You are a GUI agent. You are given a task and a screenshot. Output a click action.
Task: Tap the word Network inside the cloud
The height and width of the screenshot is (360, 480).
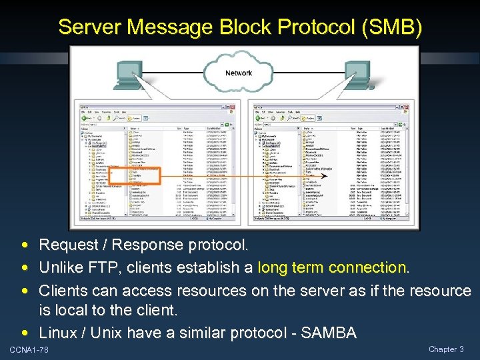(239, 73)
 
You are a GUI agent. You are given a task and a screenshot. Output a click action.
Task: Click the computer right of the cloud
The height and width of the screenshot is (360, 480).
(360, 77)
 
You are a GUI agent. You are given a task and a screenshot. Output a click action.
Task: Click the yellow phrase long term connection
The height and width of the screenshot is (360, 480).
(333, 268)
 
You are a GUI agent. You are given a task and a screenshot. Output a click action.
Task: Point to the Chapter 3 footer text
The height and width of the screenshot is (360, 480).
(446, 349)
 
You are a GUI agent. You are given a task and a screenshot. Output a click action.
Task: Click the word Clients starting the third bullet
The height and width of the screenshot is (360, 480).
(65, 291)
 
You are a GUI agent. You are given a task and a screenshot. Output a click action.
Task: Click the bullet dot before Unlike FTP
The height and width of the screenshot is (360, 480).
(24, 269)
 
